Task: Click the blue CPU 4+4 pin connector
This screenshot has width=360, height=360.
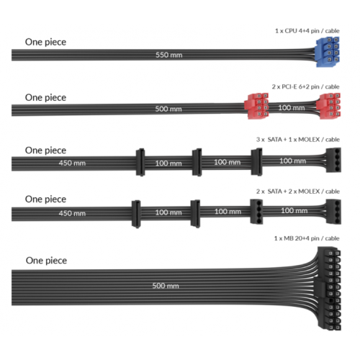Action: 328,52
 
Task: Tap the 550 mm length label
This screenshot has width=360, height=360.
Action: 169,55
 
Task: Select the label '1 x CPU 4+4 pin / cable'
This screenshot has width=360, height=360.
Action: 307,31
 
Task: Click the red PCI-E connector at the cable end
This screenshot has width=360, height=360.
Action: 328,106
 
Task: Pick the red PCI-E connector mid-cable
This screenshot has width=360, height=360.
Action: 256,106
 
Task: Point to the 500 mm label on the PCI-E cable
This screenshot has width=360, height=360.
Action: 168,109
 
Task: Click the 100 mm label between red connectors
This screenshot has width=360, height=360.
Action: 292,108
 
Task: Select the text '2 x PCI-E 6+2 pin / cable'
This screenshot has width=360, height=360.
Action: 305,86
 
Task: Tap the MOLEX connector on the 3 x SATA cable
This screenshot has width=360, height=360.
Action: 333,160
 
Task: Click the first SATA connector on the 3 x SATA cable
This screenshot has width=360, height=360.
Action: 140,162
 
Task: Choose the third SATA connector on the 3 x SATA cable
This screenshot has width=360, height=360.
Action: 256,162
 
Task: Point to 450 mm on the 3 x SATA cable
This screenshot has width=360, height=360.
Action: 72,163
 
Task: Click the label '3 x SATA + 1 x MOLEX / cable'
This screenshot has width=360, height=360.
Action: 298,140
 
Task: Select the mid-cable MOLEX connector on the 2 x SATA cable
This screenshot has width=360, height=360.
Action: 256,212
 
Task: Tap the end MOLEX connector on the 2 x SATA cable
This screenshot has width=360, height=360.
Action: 333,212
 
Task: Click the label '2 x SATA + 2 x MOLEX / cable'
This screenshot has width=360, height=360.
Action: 298,192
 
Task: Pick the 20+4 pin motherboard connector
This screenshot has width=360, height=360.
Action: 329,289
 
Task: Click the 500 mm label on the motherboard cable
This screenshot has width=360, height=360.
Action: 166,286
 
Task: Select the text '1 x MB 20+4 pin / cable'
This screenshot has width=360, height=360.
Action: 307,238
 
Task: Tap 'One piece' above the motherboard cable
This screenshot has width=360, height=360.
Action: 46,261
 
